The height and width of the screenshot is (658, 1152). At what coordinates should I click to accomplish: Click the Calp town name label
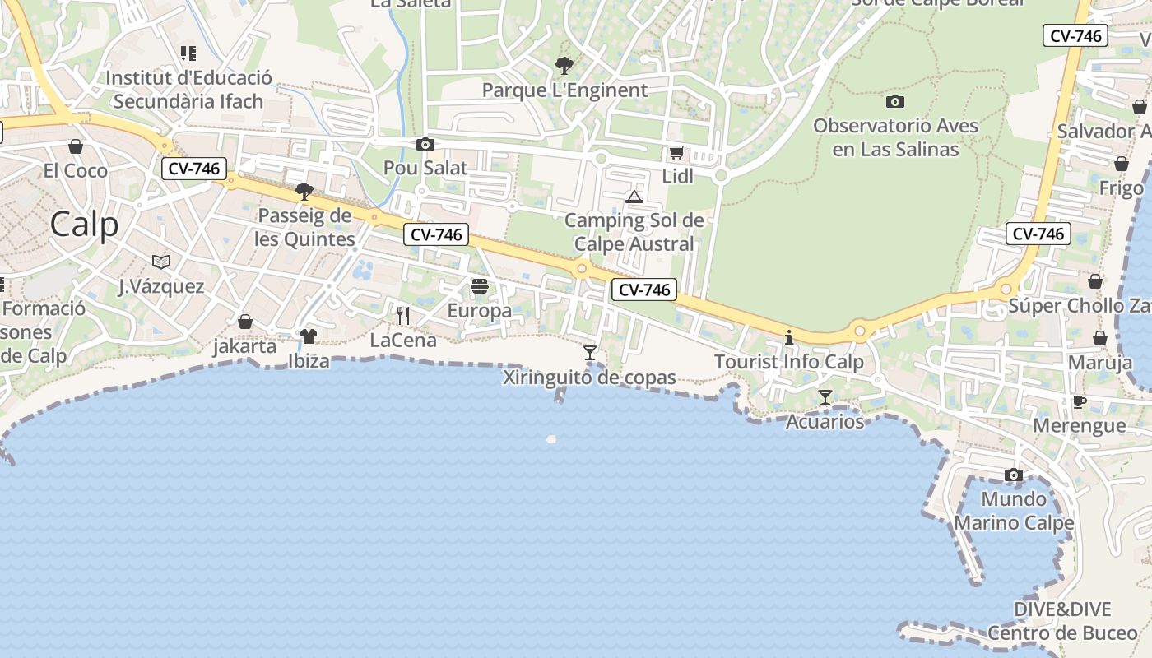point(84,225)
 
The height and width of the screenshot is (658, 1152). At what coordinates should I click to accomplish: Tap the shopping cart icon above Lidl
point(677,152)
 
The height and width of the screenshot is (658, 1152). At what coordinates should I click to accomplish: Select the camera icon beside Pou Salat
point(425,145)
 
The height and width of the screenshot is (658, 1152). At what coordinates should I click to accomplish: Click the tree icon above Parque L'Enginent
point(564,65)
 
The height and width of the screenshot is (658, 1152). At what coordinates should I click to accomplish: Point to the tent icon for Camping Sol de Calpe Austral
point(634,197)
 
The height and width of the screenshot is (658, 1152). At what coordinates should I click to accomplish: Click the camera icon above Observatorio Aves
point(895,102)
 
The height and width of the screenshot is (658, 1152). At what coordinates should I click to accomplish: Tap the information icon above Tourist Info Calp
point(789,337)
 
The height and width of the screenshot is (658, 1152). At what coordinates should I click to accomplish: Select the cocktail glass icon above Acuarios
point(825,397)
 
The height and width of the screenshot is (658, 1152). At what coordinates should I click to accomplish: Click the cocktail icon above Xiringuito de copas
point(589,353)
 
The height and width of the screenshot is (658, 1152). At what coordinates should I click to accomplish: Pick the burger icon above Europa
point(480,286)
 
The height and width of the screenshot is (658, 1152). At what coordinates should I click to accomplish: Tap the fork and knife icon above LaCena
point(403,315)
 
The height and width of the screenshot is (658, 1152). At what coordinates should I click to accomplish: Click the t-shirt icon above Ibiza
point(309,336)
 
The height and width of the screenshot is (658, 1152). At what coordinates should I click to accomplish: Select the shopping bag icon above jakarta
point(245,322)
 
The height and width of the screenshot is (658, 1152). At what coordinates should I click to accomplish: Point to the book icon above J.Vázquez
point(161,262)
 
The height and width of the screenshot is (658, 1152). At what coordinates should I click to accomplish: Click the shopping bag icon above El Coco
point(76,146)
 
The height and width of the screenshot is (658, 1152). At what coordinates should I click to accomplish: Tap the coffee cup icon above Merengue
point(1079,401)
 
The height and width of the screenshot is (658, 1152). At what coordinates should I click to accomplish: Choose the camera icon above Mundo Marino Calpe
point(1014,475)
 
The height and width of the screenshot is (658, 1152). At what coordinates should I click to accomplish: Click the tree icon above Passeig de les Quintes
point(304,192)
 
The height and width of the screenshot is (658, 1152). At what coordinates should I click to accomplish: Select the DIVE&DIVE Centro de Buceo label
point(1062,621)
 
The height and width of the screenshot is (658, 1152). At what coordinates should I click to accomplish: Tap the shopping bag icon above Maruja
point(1100,338)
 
